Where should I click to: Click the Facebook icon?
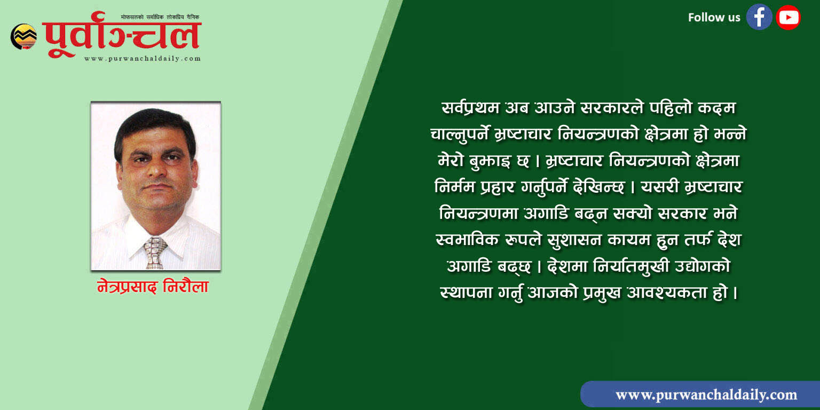tap(759, 17)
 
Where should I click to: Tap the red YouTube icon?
tap(788, 17)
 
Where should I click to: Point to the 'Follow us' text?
tap(714, 17)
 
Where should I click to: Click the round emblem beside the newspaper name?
tap(24, 36)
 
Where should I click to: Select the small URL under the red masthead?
tap(143, 59)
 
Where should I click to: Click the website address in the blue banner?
tap(706, 395)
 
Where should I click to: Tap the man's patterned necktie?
tap(155, 253)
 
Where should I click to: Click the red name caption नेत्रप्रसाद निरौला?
tap(153, 287)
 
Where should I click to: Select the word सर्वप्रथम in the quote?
tap(470, 108)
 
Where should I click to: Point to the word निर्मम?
tap(455, 187)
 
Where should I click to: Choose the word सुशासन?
tap(574, 240)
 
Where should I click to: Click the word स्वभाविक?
tap(467, 240)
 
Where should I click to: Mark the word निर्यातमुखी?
tap(632, 266)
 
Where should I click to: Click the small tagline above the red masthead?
tap(160, 17)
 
